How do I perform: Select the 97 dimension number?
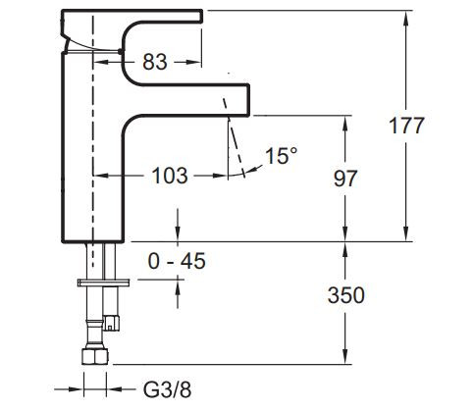click(345, 179)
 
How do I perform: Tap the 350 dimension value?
click(345, 295)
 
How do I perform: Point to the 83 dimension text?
click(154, 62)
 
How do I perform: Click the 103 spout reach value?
click(171, 177)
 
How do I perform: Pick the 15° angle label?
click(280, 155)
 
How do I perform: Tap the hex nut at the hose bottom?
click(95, 355)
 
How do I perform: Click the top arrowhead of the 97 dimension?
click(344, 120)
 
